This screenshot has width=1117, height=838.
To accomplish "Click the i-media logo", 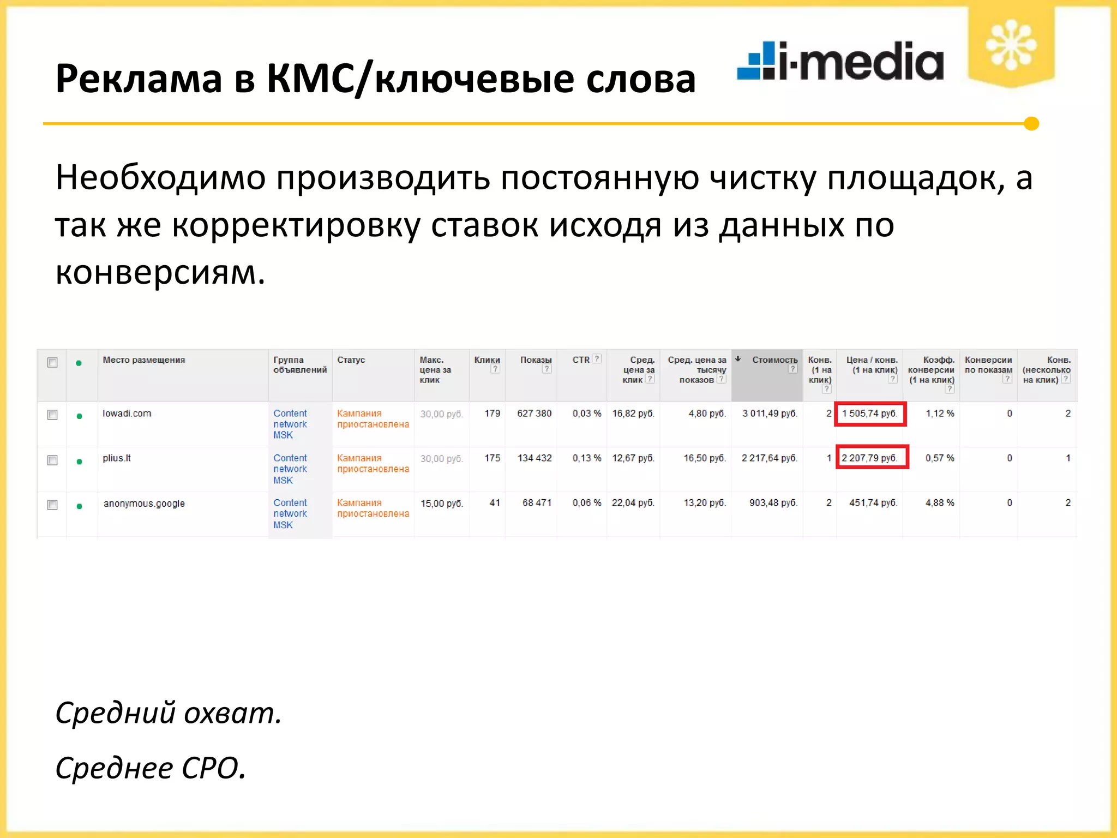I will [x=840, y=61].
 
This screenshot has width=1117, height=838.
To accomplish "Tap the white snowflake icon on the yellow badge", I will [x=1011, y=45].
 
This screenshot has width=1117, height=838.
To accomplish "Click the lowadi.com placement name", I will [x=127, y=414].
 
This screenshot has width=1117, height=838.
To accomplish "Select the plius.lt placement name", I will [x=117, y=458].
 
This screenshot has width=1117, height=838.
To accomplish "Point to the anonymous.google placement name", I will [x=144, y=504].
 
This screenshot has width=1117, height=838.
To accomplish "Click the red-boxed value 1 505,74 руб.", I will [x=870, y=414].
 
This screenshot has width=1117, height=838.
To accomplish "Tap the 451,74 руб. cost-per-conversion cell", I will [x=873, y=503].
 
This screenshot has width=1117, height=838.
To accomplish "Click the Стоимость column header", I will [x=774, y=360].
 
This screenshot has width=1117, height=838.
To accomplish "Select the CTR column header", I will [x=581, y=360].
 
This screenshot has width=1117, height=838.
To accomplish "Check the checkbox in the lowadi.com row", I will [x=52, y=415].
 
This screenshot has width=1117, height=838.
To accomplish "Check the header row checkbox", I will [x=52, y=362].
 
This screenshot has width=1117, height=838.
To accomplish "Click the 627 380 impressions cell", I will [x=534, y=414].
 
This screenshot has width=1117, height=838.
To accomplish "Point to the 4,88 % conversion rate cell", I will [x=939, y=503].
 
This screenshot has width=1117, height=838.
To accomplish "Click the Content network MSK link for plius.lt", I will [x=290, y=469].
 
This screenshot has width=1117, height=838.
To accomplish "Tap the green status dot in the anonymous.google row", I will [x=80, y=506].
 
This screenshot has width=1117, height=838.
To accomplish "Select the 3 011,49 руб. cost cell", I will [x=769, y=414].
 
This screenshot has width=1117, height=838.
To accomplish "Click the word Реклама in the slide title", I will [x=139, y=79].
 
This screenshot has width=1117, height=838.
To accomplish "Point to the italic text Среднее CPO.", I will [x=151, y=768].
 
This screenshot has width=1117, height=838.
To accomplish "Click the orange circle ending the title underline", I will [x=1031, y=124].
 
